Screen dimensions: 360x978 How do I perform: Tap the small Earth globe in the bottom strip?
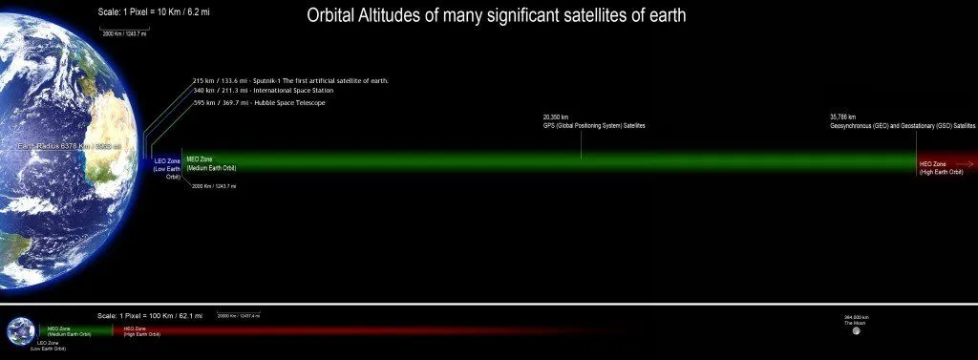tap(20, 331)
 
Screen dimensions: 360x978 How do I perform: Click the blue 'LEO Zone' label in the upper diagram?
tap(168, 161)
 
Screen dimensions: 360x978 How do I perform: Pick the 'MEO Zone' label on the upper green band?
tap(200, 160)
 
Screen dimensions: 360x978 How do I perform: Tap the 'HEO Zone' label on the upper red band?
tap(933, 163)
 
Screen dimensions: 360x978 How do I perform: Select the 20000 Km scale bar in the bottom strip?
tap(238, 316)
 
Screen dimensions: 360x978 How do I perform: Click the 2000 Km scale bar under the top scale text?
tap(123, 32)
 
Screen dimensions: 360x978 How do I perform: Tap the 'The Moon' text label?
tap(855, 324)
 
